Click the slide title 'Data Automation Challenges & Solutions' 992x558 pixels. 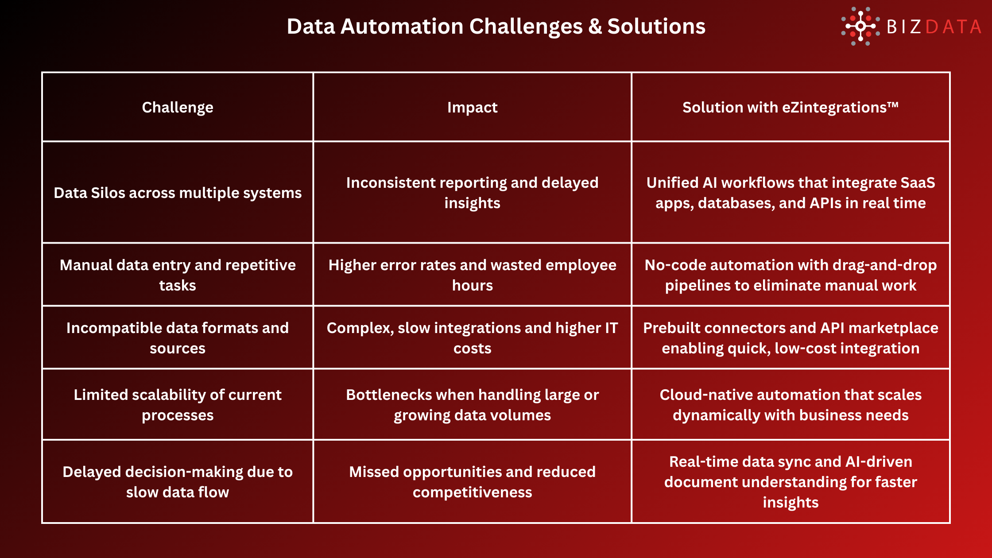[x=496, y=27]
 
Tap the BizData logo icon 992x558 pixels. [x=860, y=27]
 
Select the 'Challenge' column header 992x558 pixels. [x=178, y=107]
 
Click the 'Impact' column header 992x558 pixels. [x=472, y=107]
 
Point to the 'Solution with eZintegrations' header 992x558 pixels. [x=790, y=107]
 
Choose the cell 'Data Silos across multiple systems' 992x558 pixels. [x=178, y=193]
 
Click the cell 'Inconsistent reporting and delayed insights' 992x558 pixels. [x=472, y=193]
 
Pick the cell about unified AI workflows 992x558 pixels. [x=790, y=193]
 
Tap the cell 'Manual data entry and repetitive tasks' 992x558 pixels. [x=178, y=275]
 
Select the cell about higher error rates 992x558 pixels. [x=472, y=275]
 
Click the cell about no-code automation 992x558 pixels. [x=790, y=275]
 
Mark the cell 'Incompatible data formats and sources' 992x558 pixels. [x=178, y=338]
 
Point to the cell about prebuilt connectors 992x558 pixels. [x=790, y=338]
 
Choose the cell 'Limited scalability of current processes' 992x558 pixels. [x=178, y=405]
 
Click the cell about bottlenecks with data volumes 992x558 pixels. [x=472, y=405]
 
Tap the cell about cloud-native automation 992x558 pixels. [x=790, y=405]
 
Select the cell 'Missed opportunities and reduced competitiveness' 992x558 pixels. [x=472, y=482]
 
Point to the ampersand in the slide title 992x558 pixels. [x=595, y=27]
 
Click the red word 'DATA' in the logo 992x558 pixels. [x=953, y=27]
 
